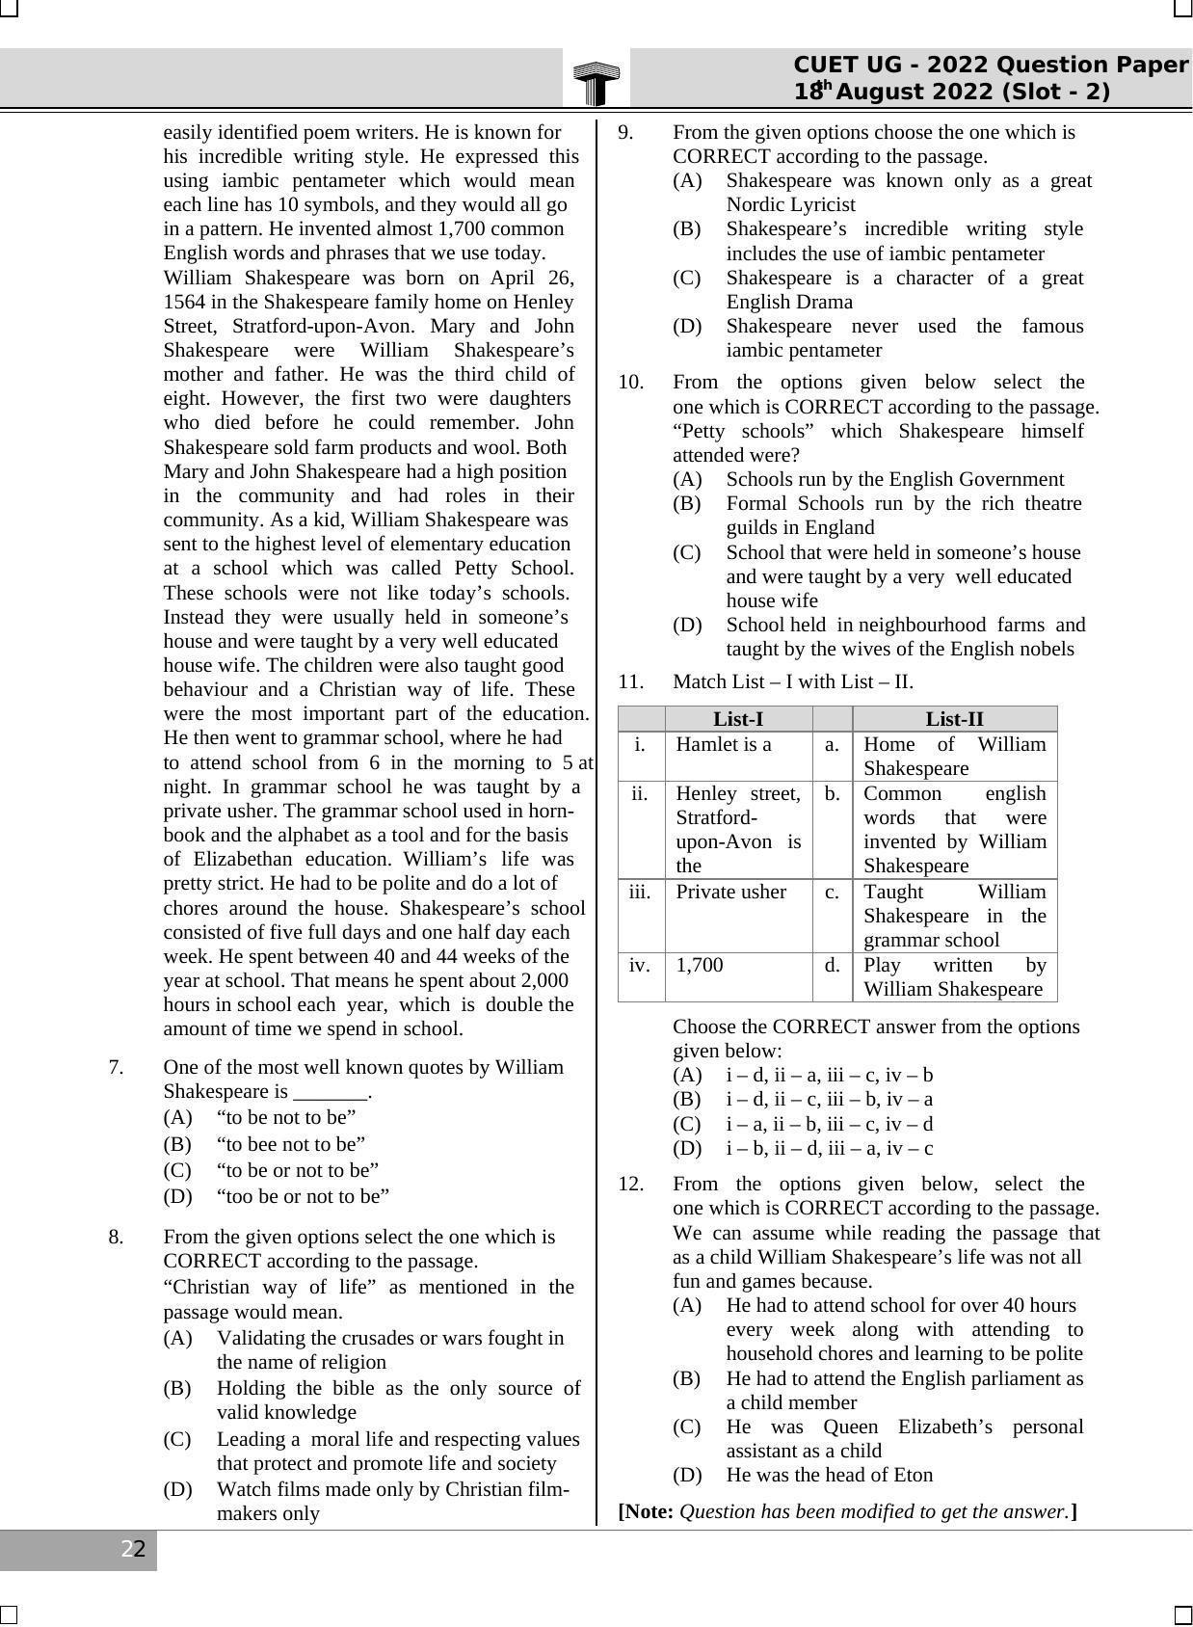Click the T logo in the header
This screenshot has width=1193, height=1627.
[596, 83]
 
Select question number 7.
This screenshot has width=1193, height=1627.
[116, 1067]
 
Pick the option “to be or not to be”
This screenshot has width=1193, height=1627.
[297, 1170]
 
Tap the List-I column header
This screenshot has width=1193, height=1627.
[738, 719]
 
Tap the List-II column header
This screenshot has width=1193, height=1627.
[954, 719]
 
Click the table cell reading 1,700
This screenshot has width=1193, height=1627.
[700, 966]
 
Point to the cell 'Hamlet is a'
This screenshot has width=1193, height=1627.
[724, 744]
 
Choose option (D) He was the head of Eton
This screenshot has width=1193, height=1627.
[829, 1475]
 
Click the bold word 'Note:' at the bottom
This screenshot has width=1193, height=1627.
[648, 1511]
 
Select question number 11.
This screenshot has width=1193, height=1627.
[630, 681]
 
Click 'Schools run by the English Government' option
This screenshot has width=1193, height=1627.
[894, 479]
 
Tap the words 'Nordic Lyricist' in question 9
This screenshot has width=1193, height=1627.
[790, 204]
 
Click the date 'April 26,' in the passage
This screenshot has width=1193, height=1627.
[528, 278]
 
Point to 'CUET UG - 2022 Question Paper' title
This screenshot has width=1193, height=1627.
[990, 65]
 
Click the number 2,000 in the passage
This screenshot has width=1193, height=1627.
[543, 980]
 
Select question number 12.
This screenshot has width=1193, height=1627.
[630, 1184]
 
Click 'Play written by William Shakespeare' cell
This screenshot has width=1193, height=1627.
[954, 977]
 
